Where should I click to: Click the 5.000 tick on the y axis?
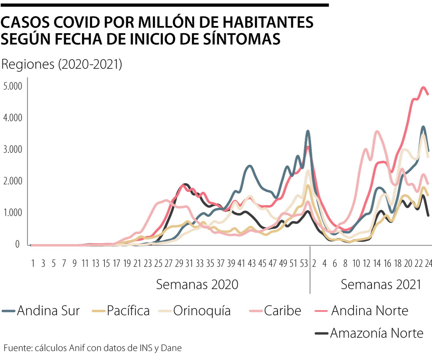pyautogui.click(x=13, y=86)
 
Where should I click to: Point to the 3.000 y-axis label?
pyautogui.click(x=13, y=150)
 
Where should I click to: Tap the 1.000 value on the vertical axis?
pyautogui.click(x=13, y=213)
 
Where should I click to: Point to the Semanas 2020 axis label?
pyautogui.click(x=197, y=285)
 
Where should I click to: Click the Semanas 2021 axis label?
pyautogui.click(x=381, y=285)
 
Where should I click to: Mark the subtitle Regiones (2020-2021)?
pyautogui.click(x=62, y=64)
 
